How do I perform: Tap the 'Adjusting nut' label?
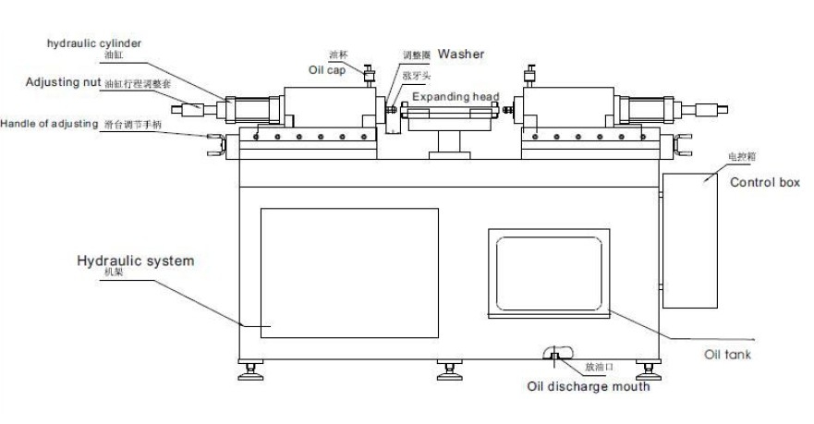tap(63, 83)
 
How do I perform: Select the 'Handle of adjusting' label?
tap(48, 123)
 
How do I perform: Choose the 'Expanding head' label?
tap(456, 97)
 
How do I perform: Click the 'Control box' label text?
tap(764, 183)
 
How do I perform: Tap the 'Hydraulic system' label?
tap(135, 261)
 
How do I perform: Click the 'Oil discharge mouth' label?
tap(588, 386)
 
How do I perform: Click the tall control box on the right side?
tap(690, 240)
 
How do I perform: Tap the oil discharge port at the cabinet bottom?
tap(553, 357)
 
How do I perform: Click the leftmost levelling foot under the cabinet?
tap(250, 372)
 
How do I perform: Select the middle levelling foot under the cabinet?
tap(449, 372)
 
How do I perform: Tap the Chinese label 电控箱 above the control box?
tap(716, 158)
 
